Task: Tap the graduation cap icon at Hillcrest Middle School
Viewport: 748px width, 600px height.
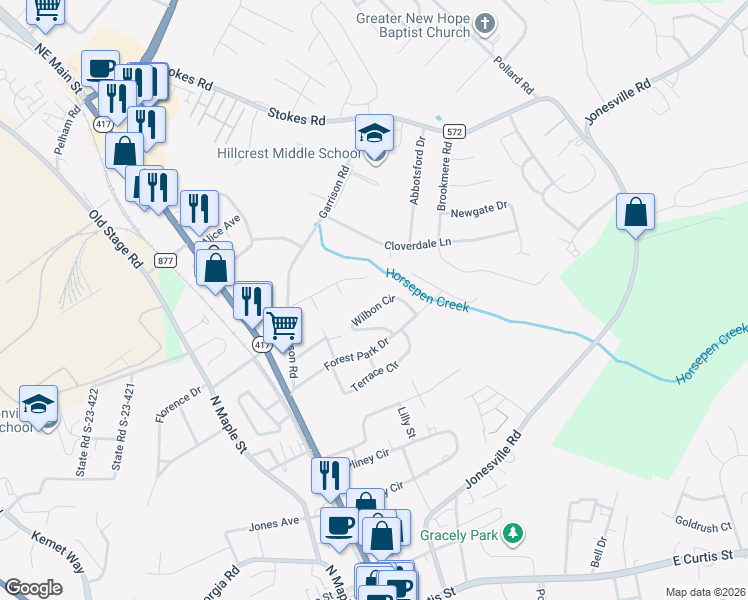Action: (374, 133)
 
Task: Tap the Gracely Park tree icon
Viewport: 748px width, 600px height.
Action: (513, 535)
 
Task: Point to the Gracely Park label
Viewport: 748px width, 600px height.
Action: (459, 535)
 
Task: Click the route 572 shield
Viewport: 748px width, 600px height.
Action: (455, 132)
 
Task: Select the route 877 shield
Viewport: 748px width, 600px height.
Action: (166, 261)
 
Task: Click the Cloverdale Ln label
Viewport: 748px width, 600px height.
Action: (418, 244)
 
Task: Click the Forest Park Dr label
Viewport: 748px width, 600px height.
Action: (355, 356)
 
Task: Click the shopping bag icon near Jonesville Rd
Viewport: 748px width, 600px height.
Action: (635, 212)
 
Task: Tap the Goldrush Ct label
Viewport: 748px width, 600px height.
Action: (703, 524)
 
